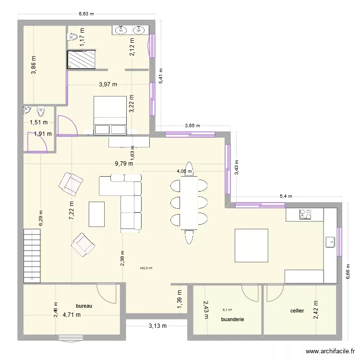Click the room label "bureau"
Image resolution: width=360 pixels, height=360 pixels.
[x=84, y=306]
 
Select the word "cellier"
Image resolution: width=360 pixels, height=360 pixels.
[x=297, y=311]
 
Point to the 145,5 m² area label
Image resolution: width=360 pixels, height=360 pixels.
[x=146, y=269]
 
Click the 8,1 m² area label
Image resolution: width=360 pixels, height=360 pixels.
[x=227, y=310]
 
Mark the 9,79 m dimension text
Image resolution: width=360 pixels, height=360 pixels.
[x=124, y=164]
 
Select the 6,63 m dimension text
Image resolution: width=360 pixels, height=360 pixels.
[x=87, y=14]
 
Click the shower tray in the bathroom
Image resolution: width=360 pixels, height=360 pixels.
[x=82, y=60]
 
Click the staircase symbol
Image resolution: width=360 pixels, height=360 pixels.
[x=32, y=254]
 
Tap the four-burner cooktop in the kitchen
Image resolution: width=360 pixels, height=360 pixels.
[x=305, y=214]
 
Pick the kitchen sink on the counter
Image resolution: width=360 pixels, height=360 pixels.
[x=330, y=242]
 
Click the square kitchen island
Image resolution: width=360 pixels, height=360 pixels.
[x=251, y=245]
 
